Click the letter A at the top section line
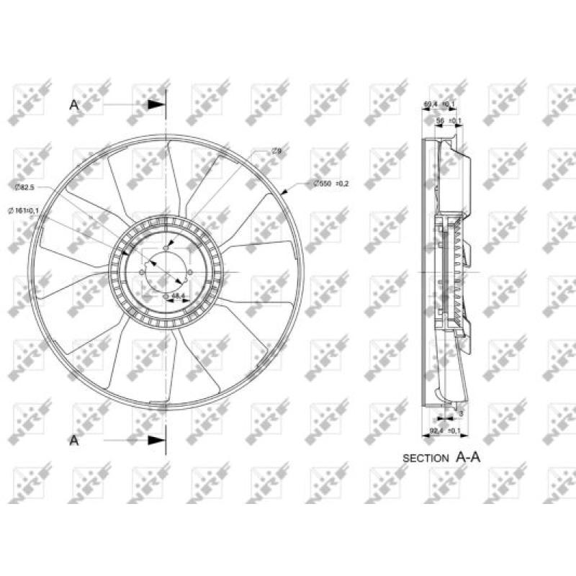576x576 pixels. (x=74, y=104)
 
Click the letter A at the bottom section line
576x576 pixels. (x=74, y=440)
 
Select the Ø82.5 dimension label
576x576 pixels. (x=25, y=187)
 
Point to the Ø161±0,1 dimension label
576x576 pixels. (x=23, y=210)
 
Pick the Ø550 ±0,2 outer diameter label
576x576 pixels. (x=330, y=184)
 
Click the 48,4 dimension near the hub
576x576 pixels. (x=178, y=296)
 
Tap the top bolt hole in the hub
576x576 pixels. (x=166, y=248)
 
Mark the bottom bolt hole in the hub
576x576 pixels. (x=166, y=295)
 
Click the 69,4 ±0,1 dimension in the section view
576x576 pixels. (x=438, y=104)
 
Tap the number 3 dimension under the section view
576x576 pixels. (x=460, y=413)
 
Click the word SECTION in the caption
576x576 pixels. (x=426, y=458)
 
